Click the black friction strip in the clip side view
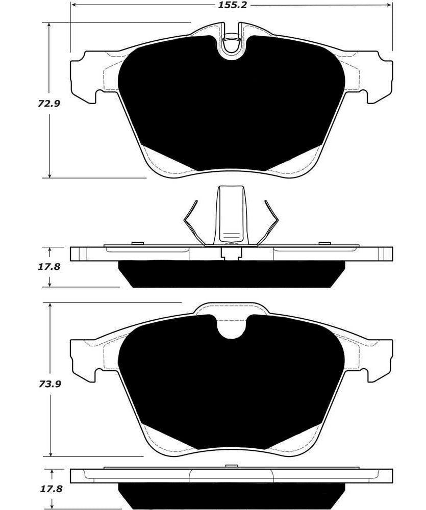(232, 274)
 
